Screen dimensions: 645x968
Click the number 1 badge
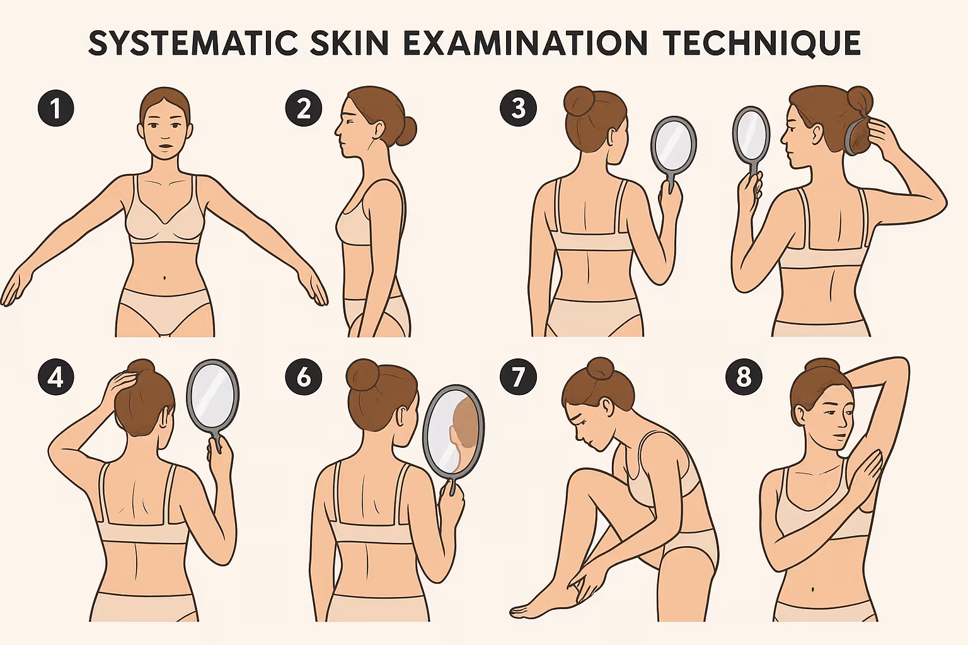point(55,108)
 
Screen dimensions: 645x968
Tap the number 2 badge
point(303,108)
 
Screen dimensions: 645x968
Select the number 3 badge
point(518,108)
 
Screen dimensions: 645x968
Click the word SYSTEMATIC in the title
point(193,43)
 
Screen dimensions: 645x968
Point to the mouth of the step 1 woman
point(164,147)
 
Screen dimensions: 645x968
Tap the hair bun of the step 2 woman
point(406,130)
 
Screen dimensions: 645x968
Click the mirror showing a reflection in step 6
point(453,430)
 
